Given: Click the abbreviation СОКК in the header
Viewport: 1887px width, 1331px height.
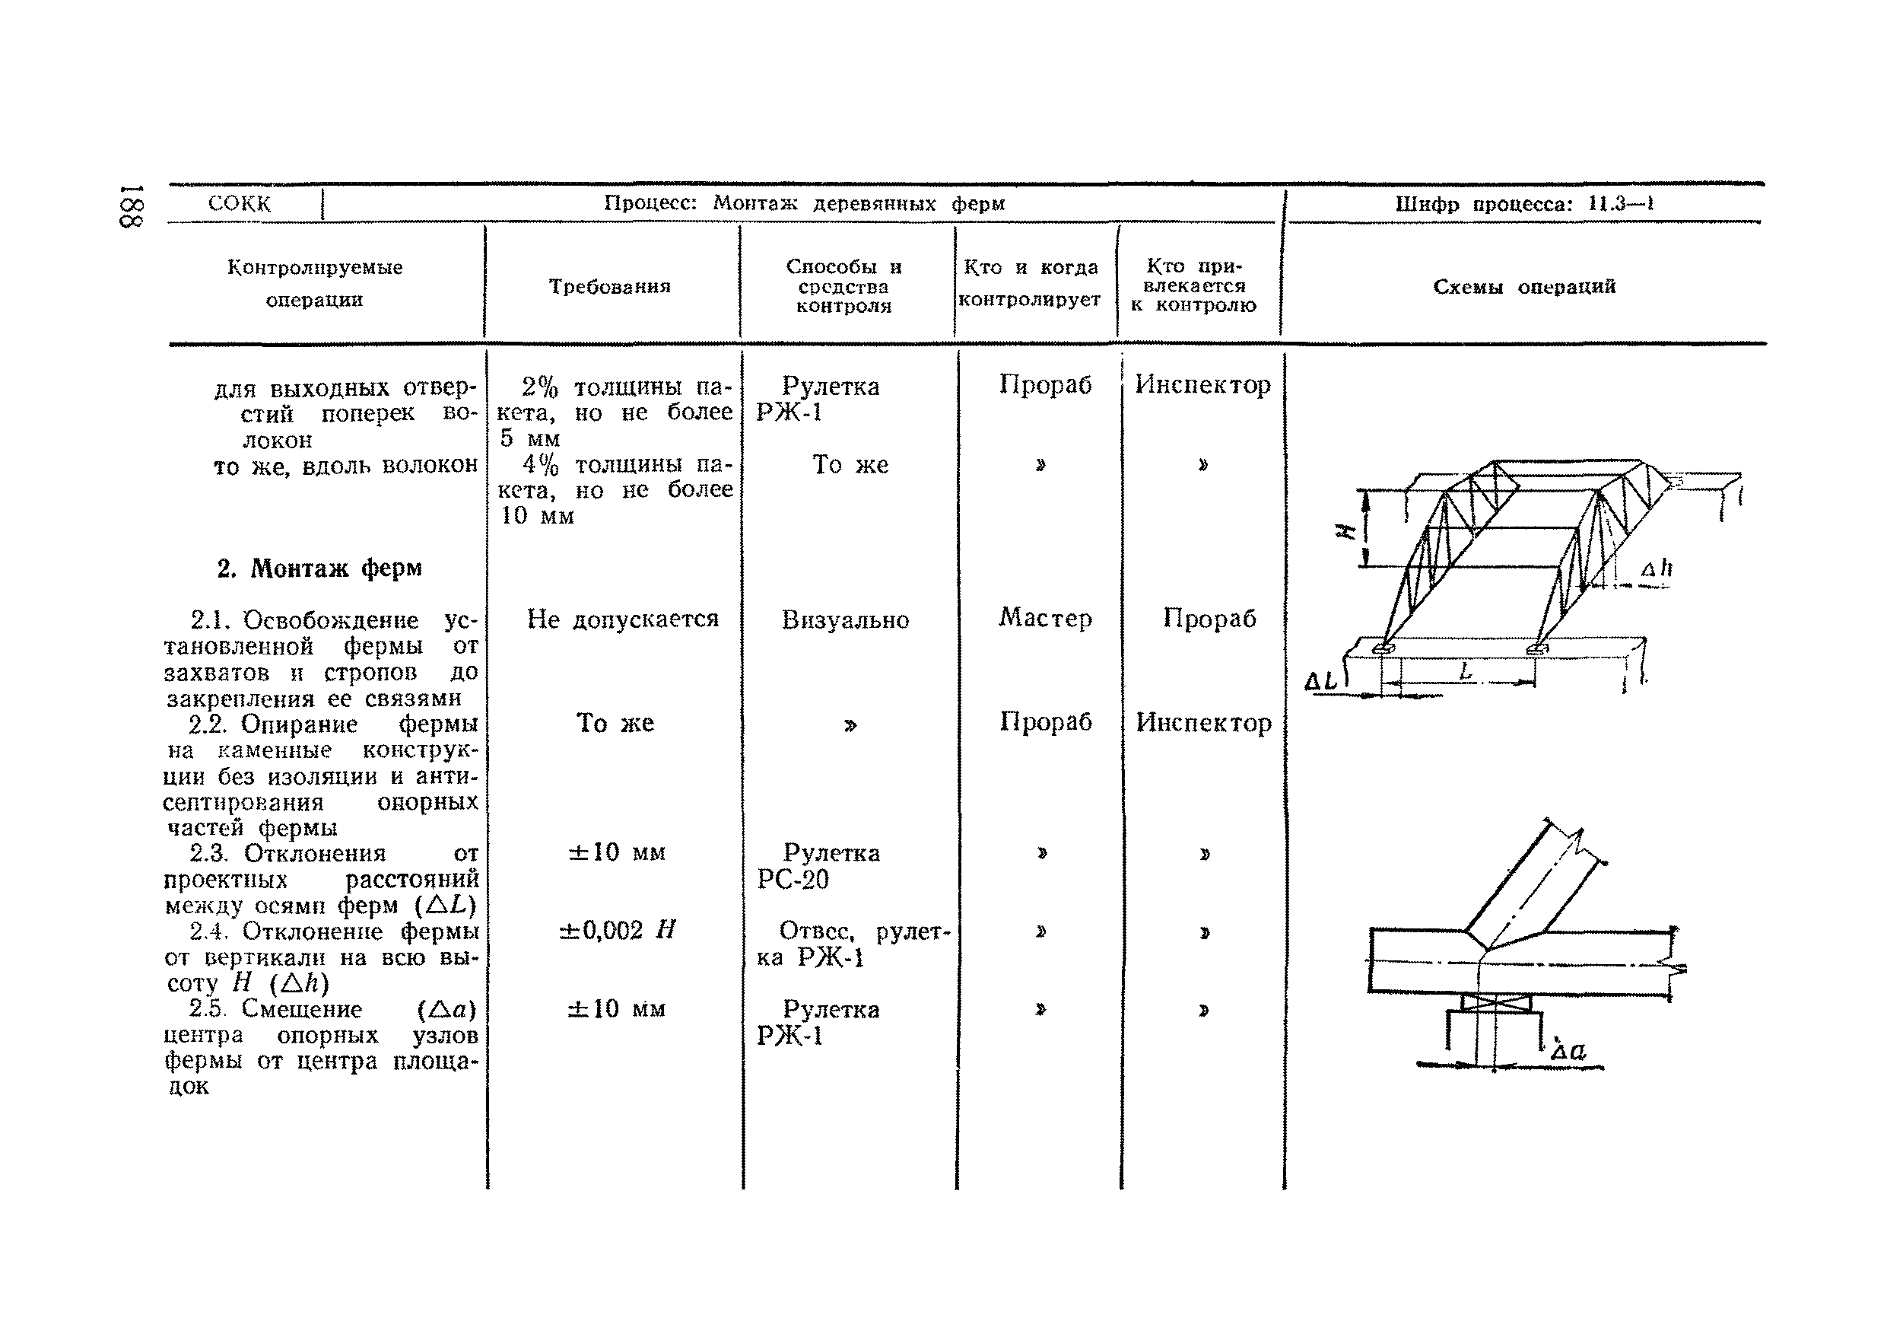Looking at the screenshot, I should pyautogui.click(x=239, y=204).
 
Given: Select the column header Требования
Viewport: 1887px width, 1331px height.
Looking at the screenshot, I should pyautogui.click(x=610, y=286).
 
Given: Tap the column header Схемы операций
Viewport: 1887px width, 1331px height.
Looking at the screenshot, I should pyautogui.click(x=1523, y=286).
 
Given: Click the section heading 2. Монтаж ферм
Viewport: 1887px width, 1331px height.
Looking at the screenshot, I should pyautogui.click(x=319, y=568).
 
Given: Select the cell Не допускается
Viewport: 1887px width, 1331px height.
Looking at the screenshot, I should pyautogui.click(x=622, y=619).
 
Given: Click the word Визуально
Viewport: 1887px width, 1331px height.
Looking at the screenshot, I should pyautogui.click(x=845, y=620).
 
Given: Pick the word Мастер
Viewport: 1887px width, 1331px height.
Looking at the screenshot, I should pyautogui.click(x=1044, y=618).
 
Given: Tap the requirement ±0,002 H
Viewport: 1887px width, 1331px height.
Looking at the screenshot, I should pyautogui.click(x=616, y=931).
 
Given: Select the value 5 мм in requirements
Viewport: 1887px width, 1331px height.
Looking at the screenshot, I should pyautogui.click(x=529, y=438).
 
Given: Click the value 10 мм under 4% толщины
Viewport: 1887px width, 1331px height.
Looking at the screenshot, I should pyautogui.click(x=537, y=516).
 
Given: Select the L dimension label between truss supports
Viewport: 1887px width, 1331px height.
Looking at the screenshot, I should pyautogui.click(x=1466, y=672).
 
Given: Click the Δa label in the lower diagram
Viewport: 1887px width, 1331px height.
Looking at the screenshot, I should pyautogui.click(x=1568, y=1051).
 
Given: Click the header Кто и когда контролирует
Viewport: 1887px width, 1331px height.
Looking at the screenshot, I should pyautogui.click(x=1030, y=284).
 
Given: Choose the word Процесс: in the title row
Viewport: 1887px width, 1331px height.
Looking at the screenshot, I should pyautogui.click(x=650, y=203).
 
